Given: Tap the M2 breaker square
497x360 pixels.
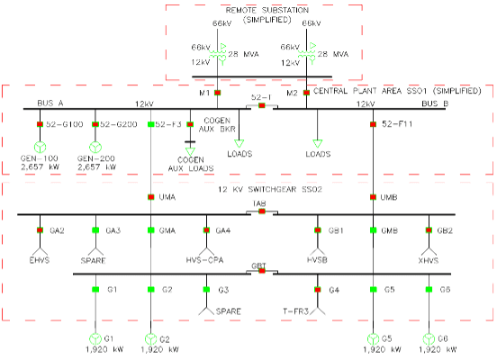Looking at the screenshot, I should tap(306, 92).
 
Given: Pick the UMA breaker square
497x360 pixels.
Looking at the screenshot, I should tap(149, 197).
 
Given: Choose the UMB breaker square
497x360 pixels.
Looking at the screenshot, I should tap(373, 197).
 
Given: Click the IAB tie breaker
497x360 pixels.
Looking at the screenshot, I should tap(261, 213).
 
